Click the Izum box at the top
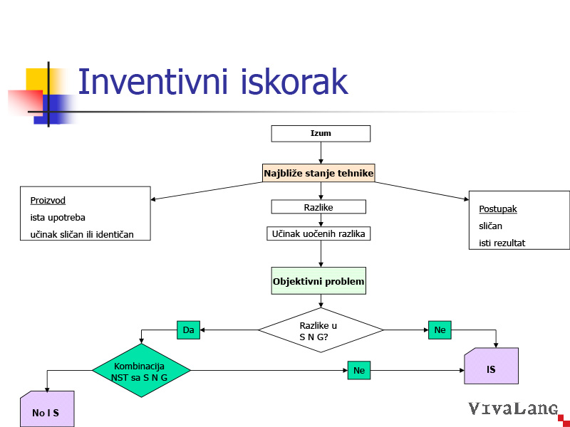(x=321, y=133)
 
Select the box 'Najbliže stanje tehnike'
(x=318, y=173)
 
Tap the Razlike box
(x=318, y=207)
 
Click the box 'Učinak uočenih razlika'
(x=318, y=233)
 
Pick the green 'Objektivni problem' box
(x=318, y=282)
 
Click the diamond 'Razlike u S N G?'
(x=321, y=330)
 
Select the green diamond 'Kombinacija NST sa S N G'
(x=141, y=370)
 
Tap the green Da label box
(x=188, y=330)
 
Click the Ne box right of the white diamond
(x=440, y=330)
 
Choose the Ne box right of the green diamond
(x=359, y=370)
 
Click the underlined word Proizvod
(x=48, y=201)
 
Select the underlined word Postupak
(x=498, y=209)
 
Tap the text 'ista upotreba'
(x=58, y=217)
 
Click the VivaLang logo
(x=512, y=409)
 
